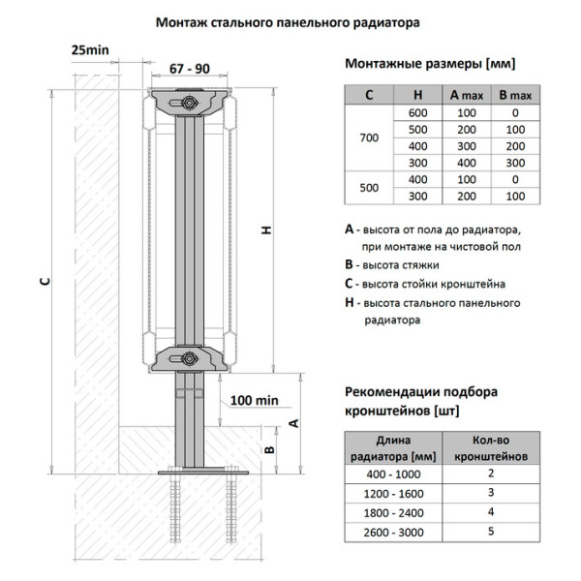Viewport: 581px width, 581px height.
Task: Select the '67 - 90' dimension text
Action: pos(189,71)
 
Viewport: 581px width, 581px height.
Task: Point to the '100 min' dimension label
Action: pos(255,399)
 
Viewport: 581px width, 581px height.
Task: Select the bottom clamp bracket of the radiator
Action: pos(189,357)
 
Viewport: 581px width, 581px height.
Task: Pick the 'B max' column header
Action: pos(514,95)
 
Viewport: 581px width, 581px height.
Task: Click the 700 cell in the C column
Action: pos(369,138)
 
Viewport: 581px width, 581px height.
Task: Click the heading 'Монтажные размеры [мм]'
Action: pos(430,64)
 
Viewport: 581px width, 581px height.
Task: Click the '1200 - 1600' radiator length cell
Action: pos(393,493)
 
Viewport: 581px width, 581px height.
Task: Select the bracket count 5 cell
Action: pos(490,531)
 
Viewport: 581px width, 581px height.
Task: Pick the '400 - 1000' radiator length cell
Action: pos(393,474)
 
